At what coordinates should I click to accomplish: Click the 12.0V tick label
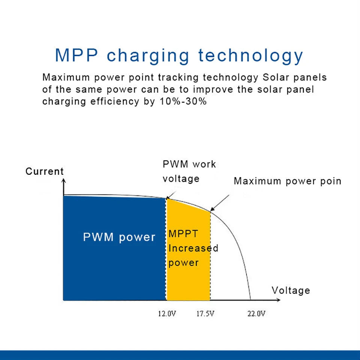tap(166, 313)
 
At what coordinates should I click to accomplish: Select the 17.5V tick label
tap(205, 313)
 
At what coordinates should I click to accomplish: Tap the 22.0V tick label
tap(256, 313)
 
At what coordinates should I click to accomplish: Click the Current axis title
tap(45, 171)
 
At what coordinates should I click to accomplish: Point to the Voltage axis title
tap(291, 290)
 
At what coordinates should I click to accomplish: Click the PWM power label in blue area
tap(119, 237)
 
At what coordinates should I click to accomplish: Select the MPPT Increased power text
tap(193, 248)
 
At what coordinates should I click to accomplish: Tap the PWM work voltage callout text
tap(189, 171)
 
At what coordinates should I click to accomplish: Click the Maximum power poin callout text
tap(287, 181)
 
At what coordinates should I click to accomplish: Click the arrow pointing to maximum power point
tap(220, 202)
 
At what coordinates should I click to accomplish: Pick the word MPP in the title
tap(76, 55)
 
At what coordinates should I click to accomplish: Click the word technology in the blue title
tap(250, 55)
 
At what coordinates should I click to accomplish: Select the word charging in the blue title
tap(148, 56)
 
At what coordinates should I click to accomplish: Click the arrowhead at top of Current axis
tap(63, 181)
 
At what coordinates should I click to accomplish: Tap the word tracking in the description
tap(178, 78)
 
